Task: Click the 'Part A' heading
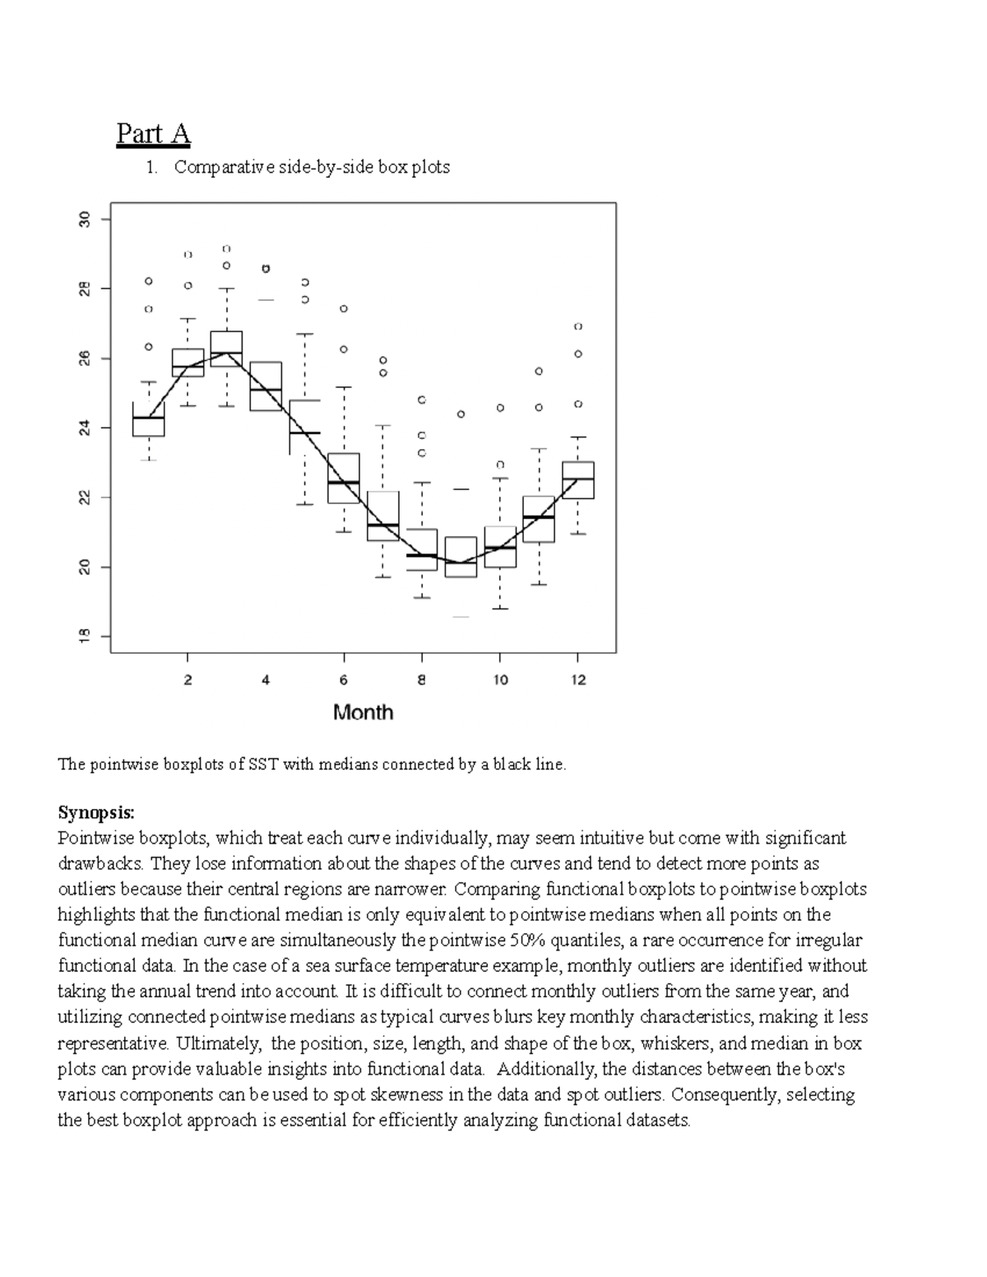point(153,133)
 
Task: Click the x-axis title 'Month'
point(363,713)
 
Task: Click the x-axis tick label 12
point(578,680)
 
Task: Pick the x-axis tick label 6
point(344,680)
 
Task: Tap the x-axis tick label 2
point(188,680)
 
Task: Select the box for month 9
point(461,557)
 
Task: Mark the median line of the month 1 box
point(149,418)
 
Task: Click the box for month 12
point(578,480)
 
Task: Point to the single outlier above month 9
point(461,414)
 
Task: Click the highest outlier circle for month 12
point(578,326)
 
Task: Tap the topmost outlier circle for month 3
point(226,248)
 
